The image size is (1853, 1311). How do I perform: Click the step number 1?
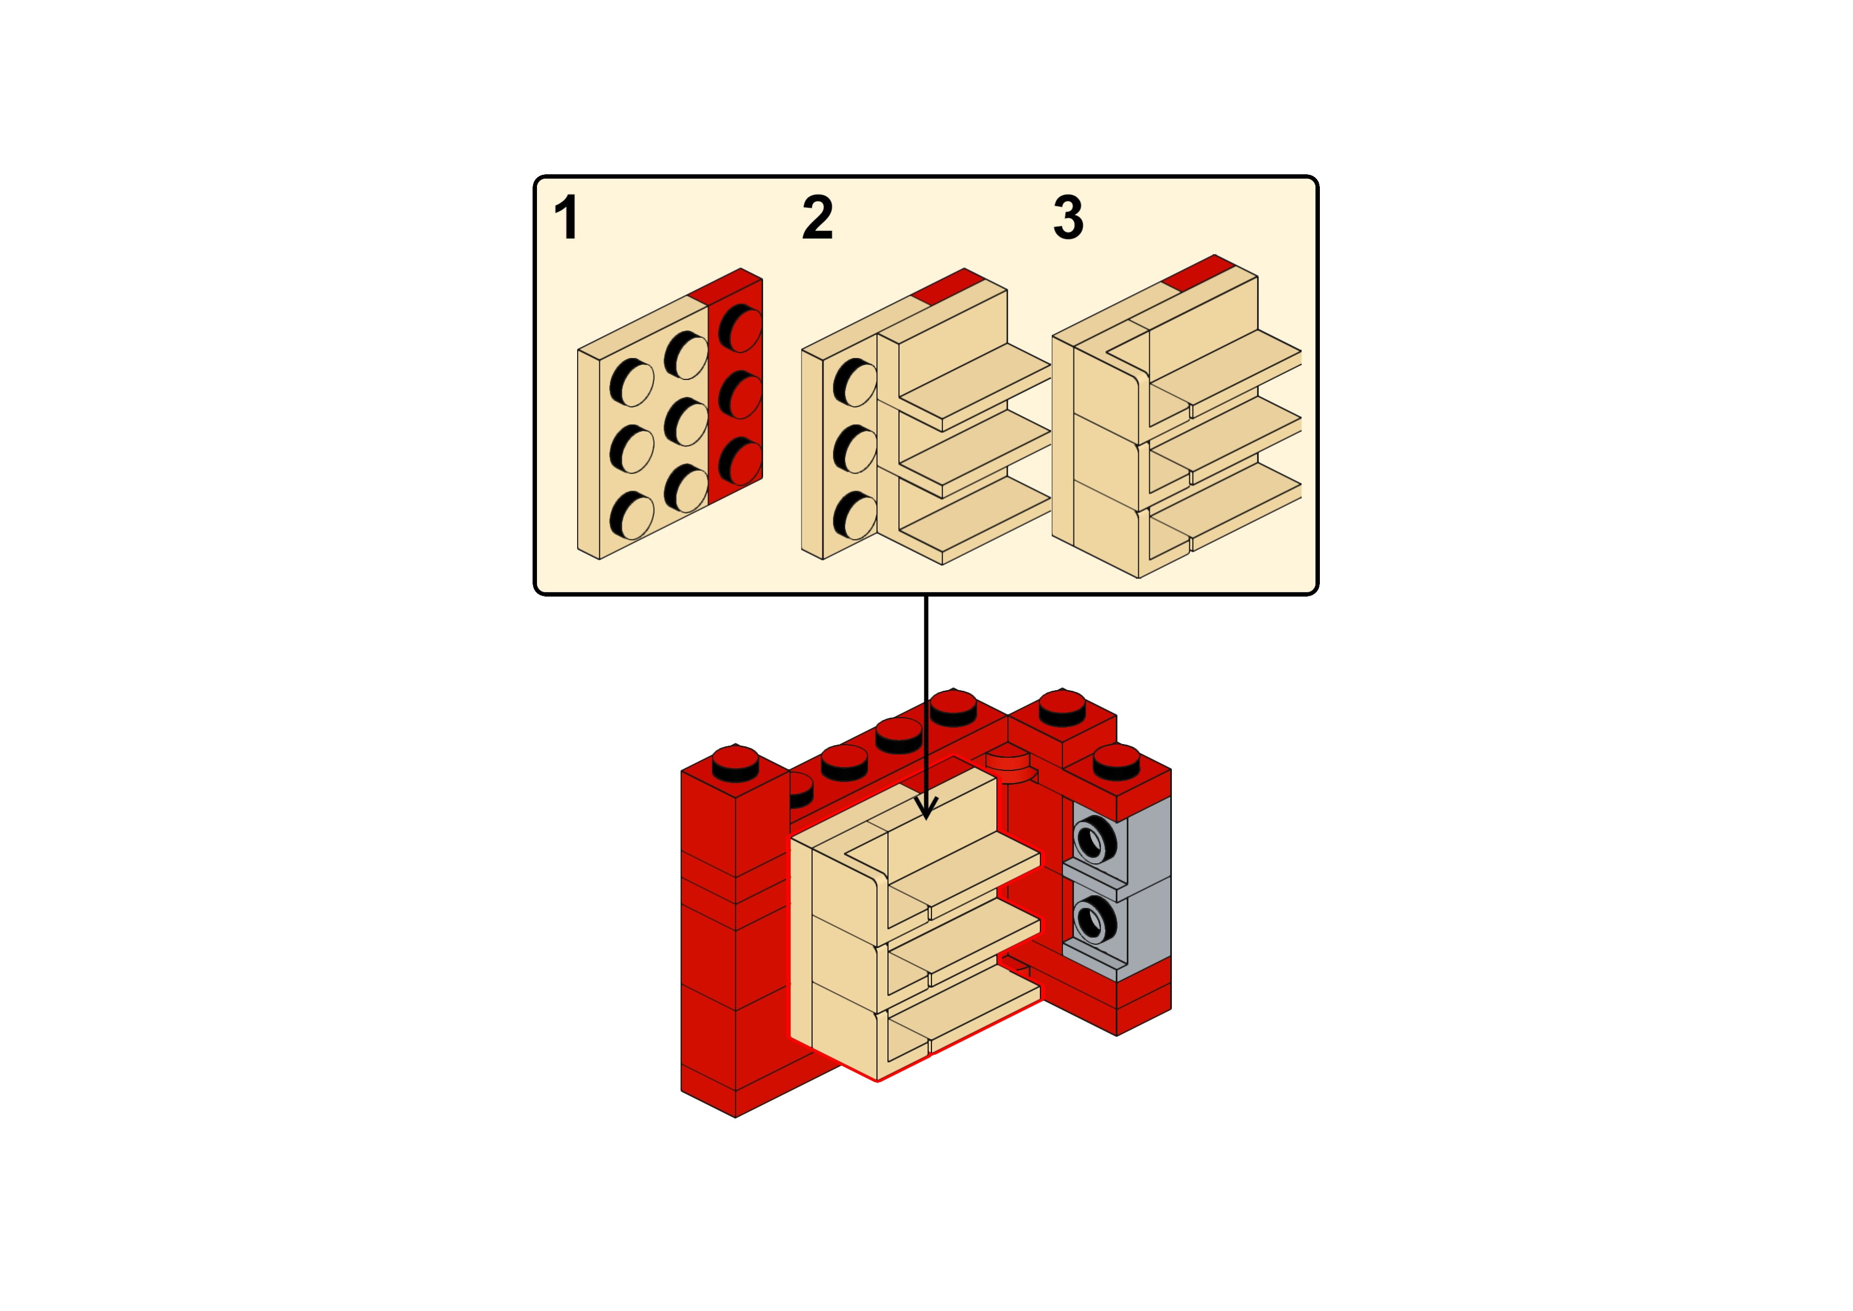pyautogui.click(x=567, y=217)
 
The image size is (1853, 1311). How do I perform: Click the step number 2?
pyautogui.click(x=817, y=217)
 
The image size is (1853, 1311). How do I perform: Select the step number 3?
pyautogui.click(x=1068, y=217)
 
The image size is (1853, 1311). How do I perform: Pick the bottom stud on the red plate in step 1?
pyautogui.click(x=741, y=459)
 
